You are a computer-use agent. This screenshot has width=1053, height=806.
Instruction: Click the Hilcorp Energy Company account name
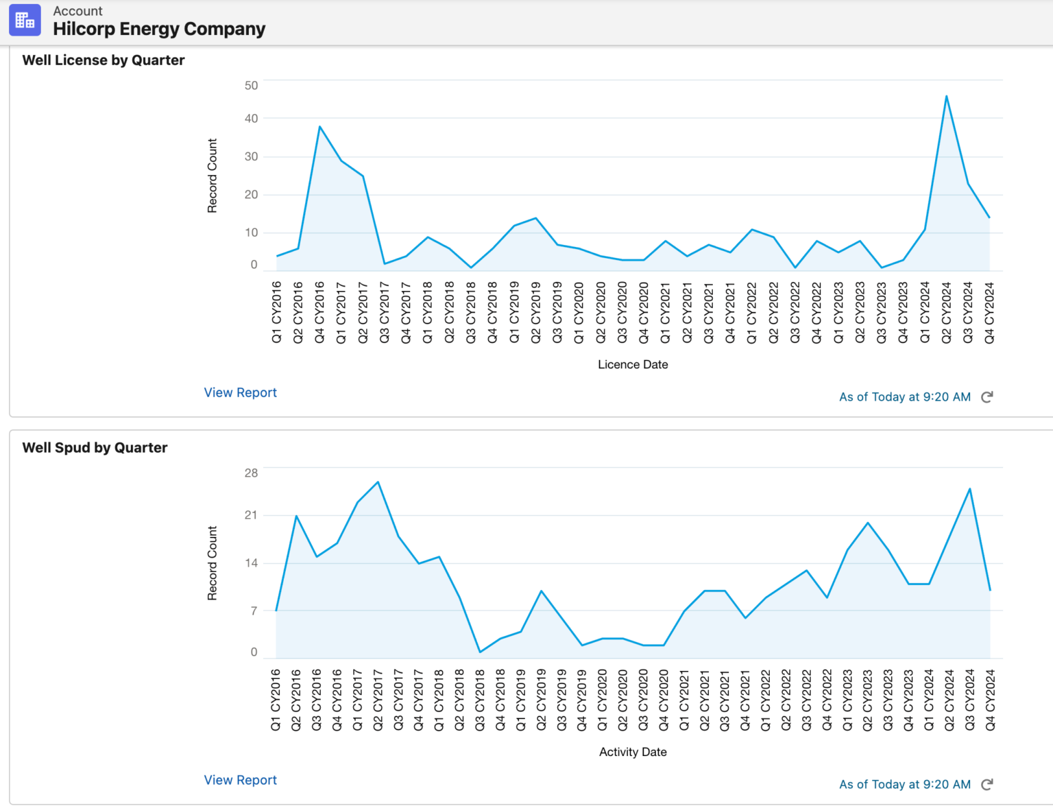[x=159, y=29]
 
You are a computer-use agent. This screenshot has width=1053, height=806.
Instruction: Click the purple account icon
[x=25, y=20]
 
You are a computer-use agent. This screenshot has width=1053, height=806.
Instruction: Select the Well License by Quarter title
[x=104, y=60]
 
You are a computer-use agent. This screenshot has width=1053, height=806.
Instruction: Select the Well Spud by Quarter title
[x=95, y=448]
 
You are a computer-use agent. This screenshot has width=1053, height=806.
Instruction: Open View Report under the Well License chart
[x=240, y=392]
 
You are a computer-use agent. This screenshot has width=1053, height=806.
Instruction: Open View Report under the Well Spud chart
[x=240, y=780]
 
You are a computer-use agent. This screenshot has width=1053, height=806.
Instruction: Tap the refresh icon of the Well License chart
[x=987, y=397]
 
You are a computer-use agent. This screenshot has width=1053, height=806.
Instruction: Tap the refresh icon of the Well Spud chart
[x=987, y=785]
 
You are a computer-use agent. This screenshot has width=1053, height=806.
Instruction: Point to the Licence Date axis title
[x=633, y=365]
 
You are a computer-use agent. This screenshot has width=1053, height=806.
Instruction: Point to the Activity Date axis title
[x=633, y=752]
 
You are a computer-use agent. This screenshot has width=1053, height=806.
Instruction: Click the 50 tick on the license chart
[x=251, y=86]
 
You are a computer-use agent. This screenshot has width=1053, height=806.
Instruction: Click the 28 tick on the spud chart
[x=251, y=473]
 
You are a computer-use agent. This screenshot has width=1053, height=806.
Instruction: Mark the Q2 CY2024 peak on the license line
[x=946, y=96]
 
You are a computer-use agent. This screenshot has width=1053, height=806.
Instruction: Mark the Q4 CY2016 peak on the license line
[x=319, y=126]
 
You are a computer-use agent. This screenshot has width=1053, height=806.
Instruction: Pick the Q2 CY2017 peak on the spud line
[x=378, y=482]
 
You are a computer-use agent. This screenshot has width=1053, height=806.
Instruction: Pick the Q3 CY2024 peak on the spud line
[x=969, y=488]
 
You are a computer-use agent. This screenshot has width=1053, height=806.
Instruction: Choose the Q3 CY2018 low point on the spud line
[x=480, y=652]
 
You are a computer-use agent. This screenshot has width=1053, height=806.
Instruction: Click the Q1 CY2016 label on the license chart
[x=276, y=312]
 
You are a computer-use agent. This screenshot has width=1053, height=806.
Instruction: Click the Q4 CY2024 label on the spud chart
[x=990, y=700]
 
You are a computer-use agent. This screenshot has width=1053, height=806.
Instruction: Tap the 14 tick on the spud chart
[x=251, y=563]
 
